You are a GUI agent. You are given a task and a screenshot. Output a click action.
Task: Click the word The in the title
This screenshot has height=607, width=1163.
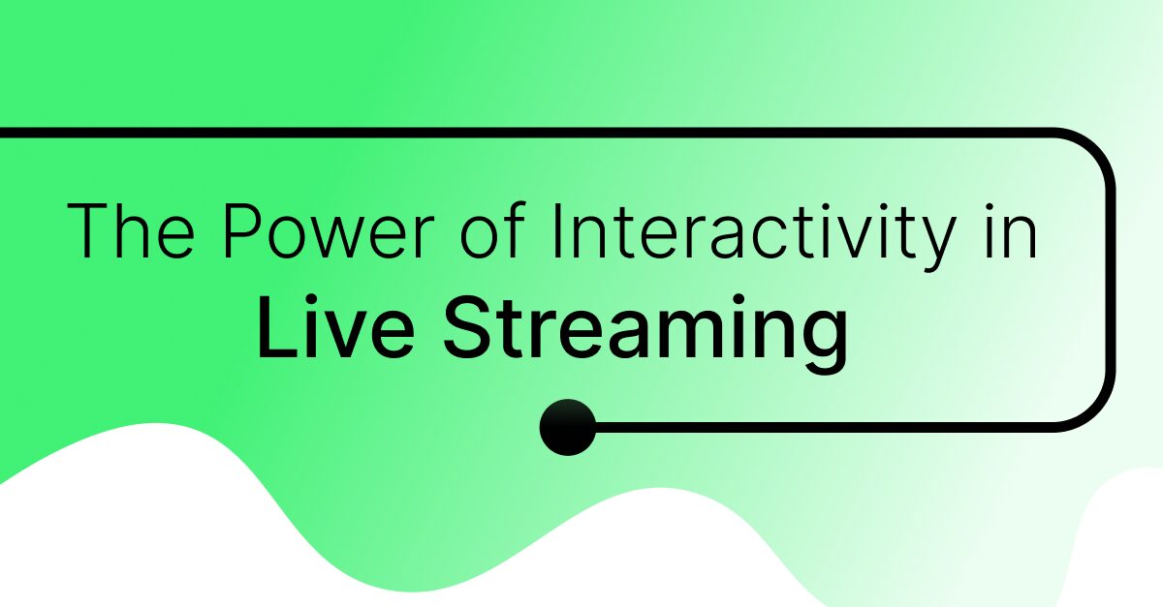(x=129, y=231)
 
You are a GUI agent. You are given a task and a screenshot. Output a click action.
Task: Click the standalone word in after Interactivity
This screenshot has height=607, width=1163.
(x=1009, y=231)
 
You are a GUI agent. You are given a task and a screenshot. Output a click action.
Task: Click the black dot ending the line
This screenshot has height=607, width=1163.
(x=568, y=427)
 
